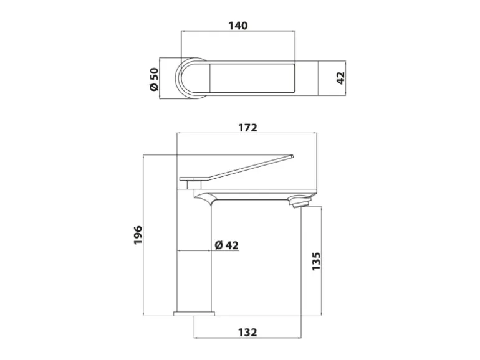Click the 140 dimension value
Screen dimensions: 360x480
coord(238,26)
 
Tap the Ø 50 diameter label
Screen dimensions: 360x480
coord(154,79)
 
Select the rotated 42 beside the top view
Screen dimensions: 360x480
coord(340,78)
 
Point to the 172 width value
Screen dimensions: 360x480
coord(247,128)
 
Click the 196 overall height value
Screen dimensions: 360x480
coord(138,235)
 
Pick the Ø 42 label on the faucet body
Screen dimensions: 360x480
coord(226,245)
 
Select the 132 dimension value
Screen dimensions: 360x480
coord(247,333)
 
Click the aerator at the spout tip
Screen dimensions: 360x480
coord(300,202)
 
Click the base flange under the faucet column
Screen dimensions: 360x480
coord(193,313)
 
